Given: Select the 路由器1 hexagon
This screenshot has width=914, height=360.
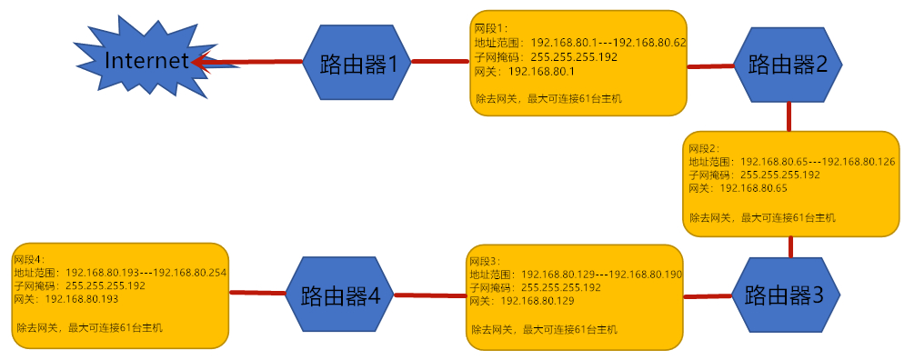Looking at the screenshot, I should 357,64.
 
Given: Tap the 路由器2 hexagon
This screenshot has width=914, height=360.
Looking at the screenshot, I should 788,65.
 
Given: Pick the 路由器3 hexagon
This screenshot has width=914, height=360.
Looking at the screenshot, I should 785,295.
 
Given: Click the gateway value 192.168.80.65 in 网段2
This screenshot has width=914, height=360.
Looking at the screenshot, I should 753,188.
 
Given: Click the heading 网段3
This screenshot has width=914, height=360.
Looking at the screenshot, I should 485,260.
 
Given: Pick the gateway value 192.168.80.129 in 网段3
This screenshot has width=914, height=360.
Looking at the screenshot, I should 537,301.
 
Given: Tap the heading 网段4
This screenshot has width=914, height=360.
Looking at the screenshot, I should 30,258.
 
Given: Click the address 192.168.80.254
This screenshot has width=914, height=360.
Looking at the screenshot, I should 189,272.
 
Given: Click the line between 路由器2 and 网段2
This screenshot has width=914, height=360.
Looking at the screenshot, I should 788,115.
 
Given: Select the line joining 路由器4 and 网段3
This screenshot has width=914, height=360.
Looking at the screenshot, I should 428,295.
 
